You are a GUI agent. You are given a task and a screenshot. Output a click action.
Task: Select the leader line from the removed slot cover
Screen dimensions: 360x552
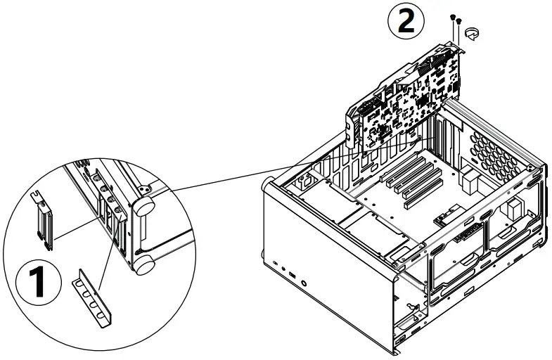coord(74,226)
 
